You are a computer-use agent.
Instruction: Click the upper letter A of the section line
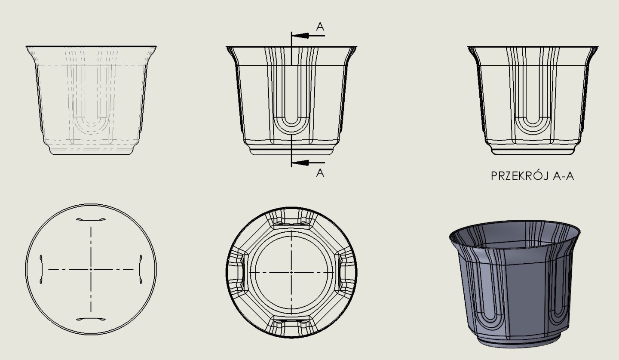320,27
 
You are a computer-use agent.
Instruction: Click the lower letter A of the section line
320,173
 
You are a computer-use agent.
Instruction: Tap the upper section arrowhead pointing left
300,36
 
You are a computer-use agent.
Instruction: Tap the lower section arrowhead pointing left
300,163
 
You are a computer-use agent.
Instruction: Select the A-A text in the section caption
564,176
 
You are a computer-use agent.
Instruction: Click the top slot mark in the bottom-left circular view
91,220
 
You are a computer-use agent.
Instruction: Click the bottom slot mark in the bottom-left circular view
91,319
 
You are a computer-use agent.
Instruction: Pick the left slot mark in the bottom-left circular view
41,269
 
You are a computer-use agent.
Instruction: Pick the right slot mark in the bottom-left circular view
141,269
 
